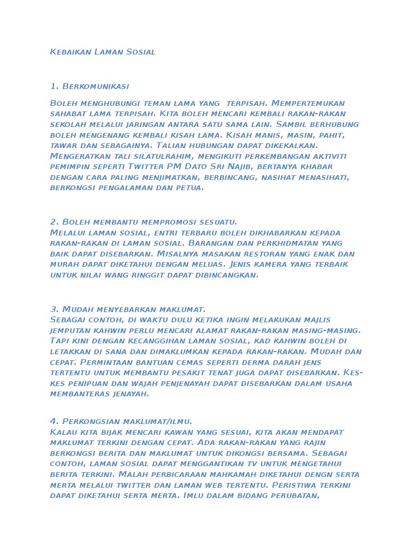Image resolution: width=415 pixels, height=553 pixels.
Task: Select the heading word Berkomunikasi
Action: coord(96,86)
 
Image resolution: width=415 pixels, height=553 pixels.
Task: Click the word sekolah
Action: coord(65,124)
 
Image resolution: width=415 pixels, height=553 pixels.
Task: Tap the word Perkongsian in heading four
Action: coord(87,421)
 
